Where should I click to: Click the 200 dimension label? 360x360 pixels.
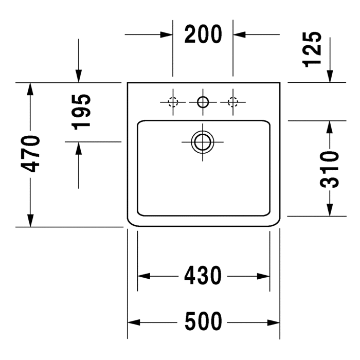click(203, 34)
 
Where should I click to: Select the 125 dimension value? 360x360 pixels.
click(312, 49)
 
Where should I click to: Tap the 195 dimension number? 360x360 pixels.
click(81, 112)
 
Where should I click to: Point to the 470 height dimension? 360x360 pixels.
click(30, 154)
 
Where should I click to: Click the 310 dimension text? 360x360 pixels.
click(329, 169)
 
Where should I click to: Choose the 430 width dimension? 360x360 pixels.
click(203, 276)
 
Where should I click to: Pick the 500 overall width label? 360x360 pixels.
click(204, 321)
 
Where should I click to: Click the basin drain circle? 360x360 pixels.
click(203, 142)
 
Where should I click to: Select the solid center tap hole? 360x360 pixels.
click(203, 102)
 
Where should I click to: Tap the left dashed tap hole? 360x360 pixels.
click(173, 102)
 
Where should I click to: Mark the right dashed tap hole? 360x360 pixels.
click(233, 102)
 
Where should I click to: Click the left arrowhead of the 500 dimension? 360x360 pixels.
click(134, 322)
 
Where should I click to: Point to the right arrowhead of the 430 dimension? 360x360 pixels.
click(263, 276)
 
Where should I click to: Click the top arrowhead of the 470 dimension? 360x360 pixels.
click(30, 89)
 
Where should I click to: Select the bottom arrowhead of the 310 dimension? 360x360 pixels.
click(330, 210)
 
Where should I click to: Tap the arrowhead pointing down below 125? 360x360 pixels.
click(330, 76)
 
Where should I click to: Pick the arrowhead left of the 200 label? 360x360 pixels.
click(167, 34)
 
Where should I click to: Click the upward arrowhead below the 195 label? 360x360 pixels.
click(79, 148)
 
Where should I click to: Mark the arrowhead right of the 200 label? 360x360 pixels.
click(240, 34)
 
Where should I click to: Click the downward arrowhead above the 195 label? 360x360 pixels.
click(79, 76)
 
